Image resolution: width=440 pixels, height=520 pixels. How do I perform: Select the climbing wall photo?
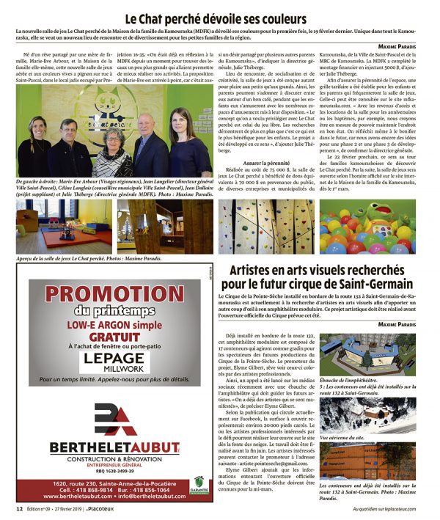coord(267,227)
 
